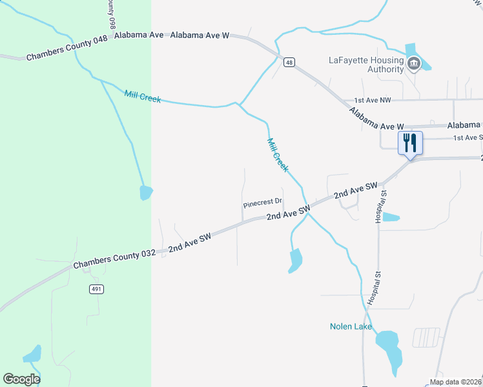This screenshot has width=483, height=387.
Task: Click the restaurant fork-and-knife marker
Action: point(410,143)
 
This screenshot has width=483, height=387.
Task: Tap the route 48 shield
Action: point(289,62)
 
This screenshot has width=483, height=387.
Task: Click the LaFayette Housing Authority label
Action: point(366,64)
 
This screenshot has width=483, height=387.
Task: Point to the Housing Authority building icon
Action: point(414,64)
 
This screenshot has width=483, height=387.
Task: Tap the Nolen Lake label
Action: point(351,326)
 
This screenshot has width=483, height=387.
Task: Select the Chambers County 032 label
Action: point(114,259)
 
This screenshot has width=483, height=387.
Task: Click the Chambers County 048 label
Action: point(67,48)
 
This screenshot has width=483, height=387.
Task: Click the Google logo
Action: point(21,379)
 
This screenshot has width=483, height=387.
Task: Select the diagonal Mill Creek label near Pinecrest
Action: point(277,155)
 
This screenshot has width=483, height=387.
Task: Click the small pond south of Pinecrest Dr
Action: point(295,261)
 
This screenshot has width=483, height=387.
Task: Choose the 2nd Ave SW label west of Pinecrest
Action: point(190,242)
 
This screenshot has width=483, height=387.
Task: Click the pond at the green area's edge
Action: point(147,192)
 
